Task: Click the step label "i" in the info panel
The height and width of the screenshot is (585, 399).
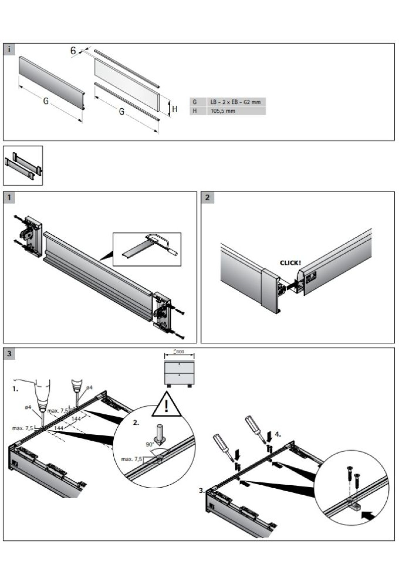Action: pos(9,50)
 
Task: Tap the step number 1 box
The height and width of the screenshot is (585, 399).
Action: pos(9,197)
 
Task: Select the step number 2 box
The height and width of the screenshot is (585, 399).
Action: pos(207,197)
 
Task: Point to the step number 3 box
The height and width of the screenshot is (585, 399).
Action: pos(9,354)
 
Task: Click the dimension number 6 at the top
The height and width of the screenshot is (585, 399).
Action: pos(73,51)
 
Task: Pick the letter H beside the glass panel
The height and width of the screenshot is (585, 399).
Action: pos(175,109)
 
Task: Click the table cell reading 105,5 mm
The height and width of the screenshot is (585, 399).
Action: pos(223,111)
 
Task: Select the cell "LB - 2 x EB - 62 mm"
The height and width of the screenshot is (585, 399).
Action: pos(235,102)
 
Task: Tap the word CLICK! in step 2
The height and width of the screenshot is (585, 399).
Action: pos(290,263)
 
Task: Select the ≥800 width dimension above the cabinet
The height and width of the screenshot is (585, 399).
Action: pos(179,352)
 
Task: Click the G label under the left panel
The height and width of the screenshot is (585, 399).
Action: pos(46,101)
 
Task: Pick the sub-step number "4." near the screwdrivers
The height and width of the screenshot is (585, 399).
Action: pos(278,434)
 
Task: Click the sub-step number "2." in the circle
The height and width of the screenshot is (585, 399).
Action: pos(136,423)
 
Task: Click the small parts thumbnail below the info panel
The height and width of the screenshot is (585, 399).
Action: pos(23,165)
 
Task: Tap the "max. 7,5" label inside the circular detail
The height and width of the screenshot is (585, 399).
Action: pos(132,459)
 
